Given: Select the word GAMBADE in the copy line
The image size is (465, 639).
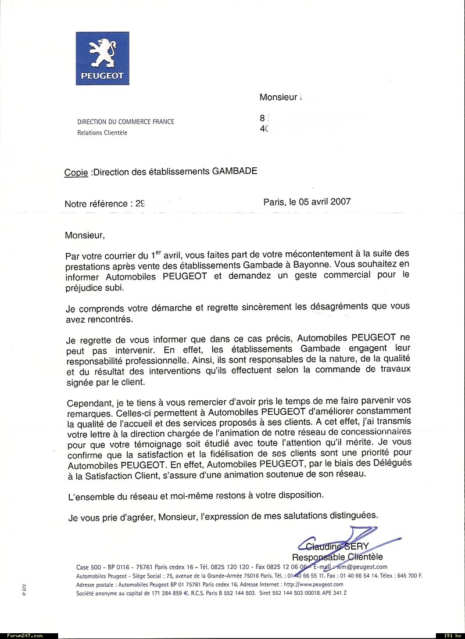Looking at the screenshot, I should [235, 171].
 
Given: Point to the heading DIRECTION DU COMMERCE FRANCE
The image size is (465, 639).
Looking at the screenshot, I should [126, 122].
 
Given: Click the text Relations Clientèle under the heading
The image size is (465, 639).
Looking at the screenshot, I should [102, 132].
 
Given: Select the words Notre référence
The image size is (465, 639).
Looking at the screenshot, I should [97, 204].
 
